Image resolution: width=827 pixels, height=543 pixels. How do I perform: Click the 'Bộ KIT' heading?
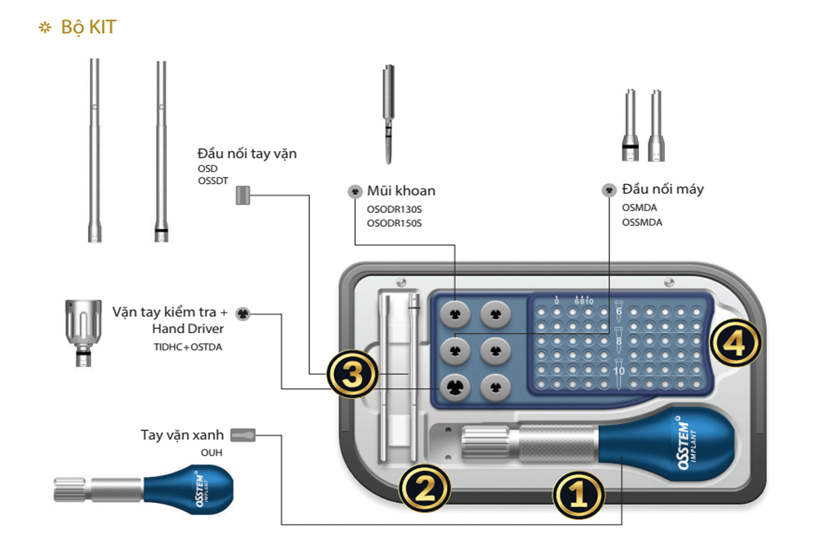pos(88,27)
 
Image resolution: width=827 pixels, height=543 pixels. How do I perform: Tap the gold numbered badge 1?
pos(578,495)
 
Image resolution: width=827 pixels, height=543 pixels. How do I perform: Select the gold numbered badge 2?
pos(424,488)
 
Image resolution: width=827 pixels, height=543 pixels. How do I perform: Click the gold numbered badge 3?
pos(352,374)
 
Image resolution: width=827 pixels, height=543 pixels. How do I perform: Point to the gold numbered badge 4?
pos(735,343)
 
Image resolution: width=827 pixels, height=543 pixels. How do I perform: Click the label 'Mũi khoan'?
pos(401,191)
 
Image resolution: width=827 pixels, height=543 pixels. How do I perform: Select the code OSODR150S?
pos(394,223)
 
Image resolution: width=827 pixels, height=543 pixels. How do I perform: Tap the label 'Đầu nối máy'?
pos(662,189)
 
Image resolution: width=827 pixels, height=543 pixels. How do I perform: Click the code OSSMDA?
pos(642,222)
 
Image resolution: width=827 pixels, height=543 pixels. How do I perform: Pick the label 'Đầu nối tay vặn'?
pos(247,154)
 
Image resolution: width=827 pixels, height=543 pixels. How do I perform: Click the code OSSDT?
pos(213,181)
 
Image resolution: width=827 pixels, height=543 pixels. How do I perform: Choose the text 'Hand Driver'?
pos(188,329)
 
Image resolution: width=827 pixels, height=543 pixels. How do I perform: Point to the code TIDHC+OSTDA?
pos(188,347)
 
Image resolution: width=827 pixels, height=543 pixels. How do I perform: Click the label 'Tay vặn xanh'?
pos(182,435)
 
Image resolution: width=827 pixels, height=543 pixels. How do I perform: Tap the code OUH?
pos(211,452)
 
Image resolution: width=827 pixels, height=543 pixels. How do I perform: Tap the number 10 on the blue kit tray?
pos(618,371)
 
